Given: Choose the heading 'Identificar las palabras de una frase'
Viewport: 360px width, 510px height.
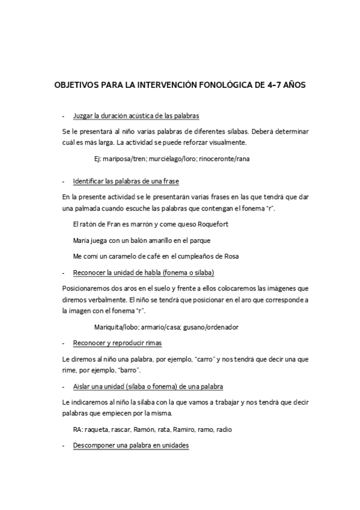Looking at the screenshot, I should pos(126,181).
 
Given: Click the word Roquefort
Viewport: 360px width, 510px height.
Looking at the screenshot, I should pos(209,224).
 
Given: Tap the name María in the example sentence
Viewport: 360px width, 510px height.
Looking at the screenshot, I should pos(81,240).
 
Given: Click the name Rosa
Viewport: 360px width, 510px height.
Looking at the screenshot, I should pos(231,256).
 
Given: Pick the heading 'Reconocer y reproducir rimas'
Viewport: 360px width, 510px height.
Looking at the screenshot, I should pos(117,343).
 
